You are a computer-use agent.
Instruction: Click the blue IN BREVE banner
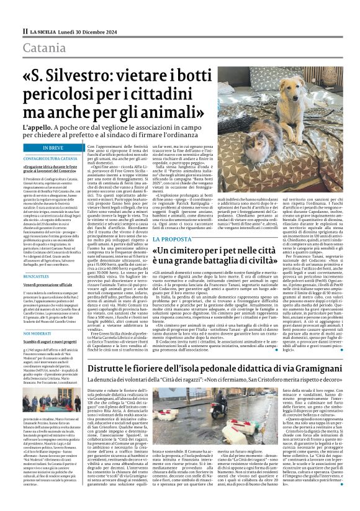(x=53, y=148)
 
